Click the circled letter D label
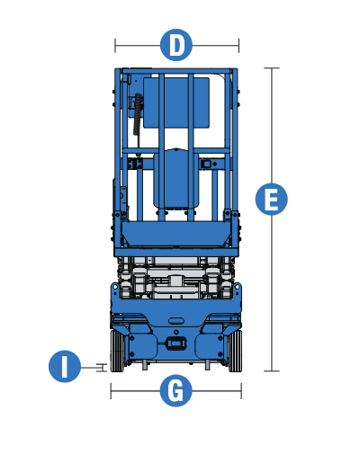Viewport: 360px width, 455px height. (x=177, y=44)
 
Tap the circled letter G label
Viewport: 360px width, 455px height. (x=176, y=391)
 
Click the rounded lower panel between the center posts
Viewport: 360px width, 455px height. (x=176, y=180)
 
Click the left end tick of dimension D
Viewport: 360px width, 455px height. (x=115, y=44)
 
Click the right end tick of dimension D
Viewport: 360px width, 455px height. (x=238, y=44)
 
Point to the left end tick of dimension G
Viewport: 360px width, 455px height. (x=111, y=391)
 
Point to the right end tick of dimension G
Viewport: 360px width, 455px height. (x=242, y=391)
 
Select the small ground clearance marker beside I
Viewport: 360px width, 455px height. (x=103, y=367)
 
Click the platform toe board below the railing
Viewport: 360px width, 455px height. (x=176, y=236)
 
